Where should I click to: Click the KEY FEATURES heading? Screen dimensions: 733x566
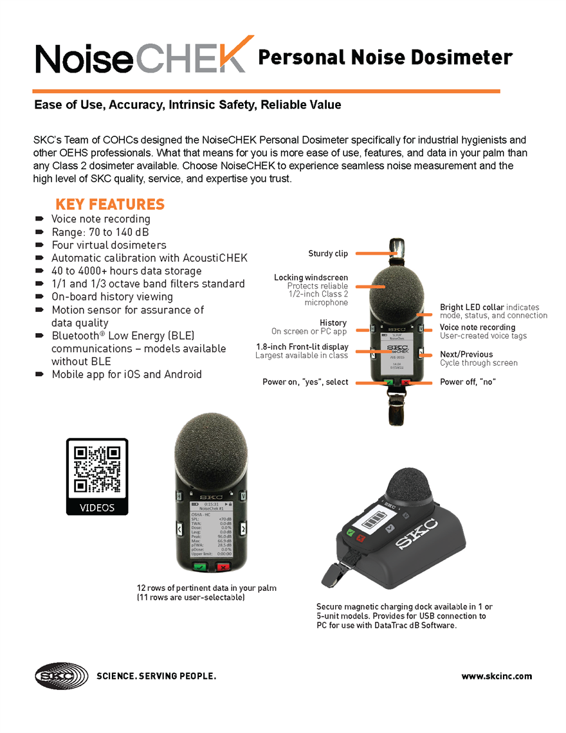click(110, 204)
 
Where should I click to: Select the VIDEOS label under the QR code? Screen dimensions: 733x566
click(97, 507)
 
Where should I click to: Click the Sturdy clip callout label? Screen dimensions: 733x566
click(328, 254)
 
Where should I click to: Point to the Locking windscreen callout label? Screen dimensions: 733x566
click(311, 278)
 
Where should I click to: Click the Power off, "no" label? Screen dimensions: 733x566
click(468, 382)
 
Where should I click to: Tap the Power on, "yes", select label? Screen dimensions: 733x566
click(305, 382)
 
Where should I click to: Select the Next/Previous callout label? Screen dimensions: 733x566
click(466, 354)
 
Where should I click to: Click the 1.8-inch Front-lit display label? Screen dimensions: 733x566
click(302, 347)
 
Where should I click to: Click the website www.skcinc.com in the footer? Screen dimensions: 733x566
click(497, 676)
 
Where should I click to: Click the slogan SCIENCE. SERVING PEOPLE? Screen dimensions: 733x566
click(156, 676)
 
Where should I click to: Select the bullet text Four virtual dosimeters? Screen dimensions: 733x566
click(109, 245)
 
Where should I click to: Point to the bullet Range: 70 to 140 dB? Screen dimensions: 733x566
click(100, 232)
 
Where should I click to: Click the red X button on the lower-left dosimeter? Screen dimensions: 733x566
click(223, 568)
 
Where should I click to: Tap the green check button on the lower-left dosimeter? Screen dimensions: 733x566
click(199, 568)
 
